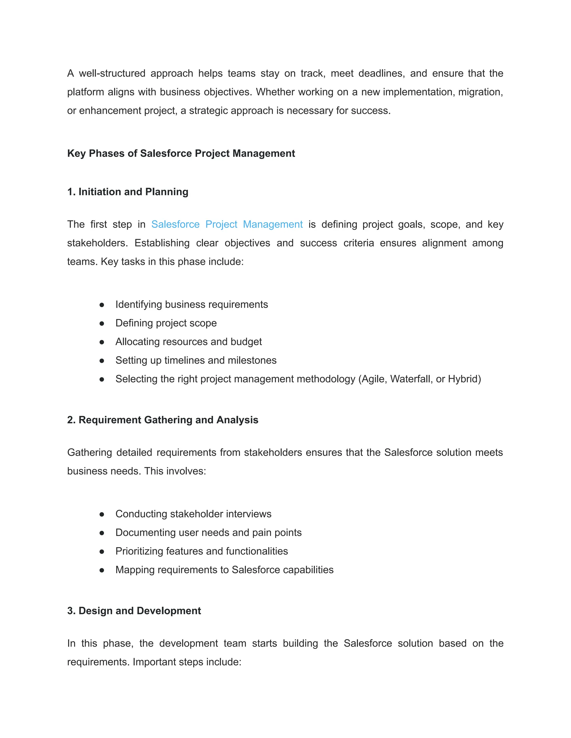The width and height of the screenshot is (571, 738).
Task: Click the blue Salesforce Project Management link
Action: point(227,224)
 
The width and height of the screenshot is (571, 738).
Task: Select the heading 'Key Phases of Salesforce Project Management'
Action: point(181,153)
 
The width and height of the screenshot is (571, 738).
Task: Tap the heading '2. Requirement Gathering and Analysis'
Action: point(163,420)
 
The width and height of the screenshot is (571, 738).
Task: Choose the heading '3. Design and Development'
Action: point(134,611)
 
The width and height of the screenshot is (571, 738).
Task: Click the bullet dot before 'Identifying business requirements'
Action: point(102,305)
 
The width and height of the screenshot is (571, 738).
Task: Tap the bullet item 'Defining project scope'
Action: point(166,323)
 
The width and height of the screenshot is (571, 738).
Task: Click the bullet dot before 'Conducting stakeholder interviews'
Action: point(102,514)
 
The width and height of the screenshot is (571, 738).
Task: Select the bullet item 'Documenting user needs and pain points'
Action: point(208,532)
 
